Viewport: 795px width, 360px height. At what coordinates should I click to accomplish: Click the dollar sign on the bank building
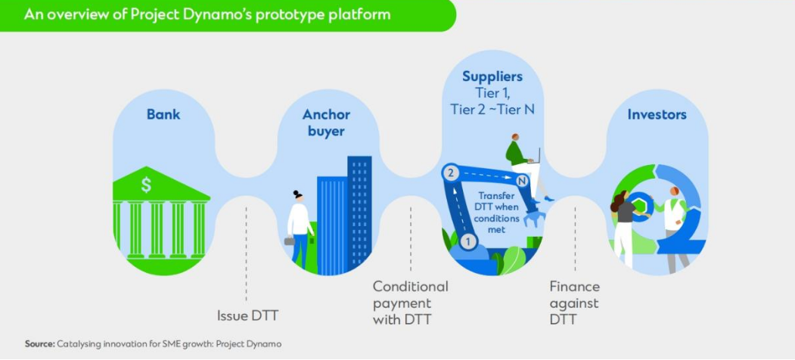[x=146, y=185]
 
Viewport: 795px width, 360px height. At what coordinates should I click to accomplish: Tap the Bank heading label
[x=163, y=115]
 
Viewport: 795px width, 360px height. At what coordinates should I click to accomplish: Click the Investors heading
[x=657, y=115]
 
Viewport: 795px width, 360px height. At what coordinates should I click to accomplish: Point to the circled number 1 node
[x=467, y=242]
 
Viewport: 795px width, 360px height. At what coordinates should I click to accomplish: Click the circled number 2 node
[x=451, y=173]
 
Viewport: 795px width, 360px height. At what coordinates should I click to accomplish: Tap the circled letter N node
[x=521, y=181]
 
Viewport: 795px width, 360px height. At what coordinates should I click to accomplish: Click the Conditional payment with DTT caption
[x=410, y=303]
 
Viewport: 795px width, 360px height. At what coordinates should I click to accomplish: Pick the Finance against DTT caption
[x=574, y=303]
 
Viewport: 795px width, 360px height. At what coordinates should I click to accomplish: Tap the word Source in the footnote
[x=39, y=344]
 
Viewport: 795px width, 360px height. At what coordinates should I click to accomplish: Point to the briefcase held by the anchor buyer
[x=290, y=241]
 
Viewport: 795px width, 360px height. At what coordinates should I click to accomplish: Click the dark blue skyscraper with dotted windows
[x=360, y=212]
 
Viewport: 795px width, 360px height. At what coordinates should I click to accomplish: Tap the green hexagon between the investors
[x=641, y=207]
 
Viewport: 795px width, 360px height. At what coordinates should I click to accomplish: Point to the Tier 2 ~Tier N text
[x=492, y=109]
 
